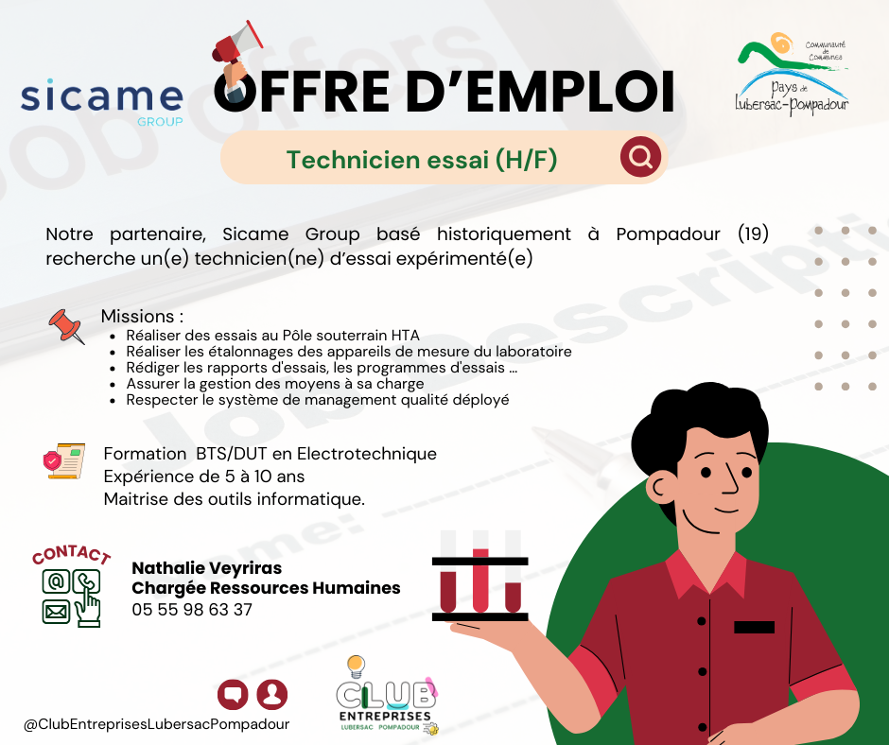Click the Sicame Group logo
pos(102,102)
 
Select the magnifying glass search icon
pos(640,157)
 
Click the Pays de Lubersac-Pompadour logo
pos(792,73)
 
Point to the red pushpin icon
pos(67,326)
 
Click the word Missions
pos(138,316)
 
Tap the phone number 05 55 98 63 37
pos(192,610)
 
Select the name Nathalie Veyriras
pos(206,568)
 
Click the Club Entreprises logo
pos(387,696)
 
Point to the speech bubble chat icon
pos(233,695)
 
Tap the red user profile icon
pos(272,695)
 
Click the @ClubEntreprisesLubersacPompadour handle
pos(156,724)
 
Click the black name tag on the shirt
pos(754,627)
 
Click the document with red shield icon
pos(64,460)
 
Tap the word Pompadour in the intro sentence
pos(668,234)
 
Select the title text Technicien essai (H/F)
pos(422,160)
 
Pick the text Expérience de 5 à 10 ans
pos(204,476)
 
